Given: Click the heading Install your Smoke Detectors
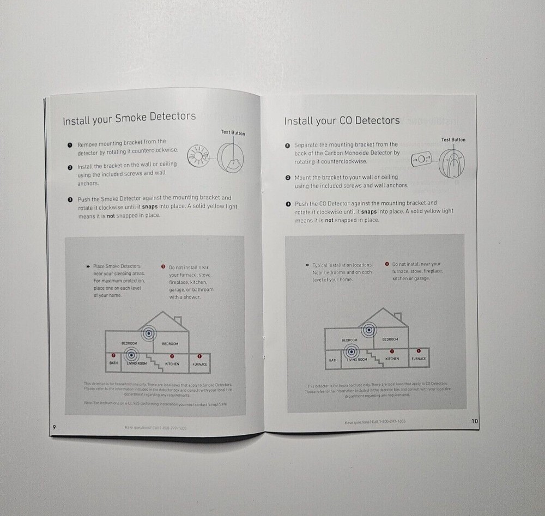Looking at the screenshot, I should tap(129, 118).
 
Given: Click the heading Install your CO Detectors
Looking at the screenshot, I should tap(342, 120).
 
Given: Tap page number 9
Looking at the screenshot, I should tap(54, 426).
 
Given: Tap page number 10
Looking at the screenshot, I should tap(474, 421).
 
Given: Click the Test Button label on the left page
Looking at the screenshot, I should tap(233, 133).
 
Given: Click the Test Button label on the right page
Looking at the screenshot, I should tap(453, 139).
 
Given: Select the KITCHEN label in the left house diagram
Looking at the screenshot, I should tap(172, 363).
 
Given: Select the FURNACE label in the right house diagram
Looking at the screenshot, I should tap(419, 359).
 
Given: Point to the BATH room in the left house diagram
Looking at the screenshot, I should tap(113, 363).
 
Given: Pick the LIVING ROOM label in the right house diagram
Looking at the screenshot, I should tap(358, 360).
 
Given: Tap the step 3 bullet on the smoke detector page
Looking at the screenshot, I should tap(70, 200).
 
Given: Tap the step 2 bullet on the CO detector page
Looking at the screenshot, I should tap(287, 178).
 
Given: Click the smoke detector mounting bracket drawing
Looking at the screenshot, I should tap(198, 155).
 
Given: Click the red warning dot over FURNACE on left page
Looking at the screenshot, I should tap(199, 356).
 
